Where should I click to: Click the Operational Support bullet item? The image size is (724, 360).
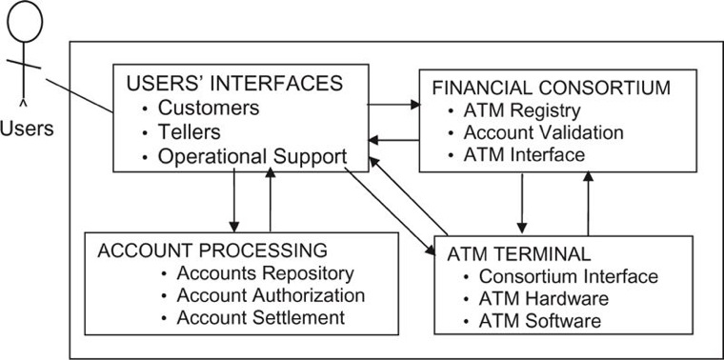click(251, 156)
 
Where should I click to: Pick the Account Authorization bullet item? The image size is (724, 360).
click(271, 295)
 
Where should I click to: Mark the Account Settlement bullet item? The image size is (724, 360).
click(260, 317)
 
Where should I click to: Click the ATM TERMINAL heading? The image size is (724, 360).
click(519, 254)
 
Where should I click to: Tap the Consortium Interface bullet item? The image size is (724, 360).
click(568, 277)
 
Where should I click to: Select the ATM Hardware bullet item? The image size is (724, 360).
click(543, 299)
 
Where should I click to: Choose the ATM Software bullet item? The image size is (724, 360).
click(539, 321)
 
